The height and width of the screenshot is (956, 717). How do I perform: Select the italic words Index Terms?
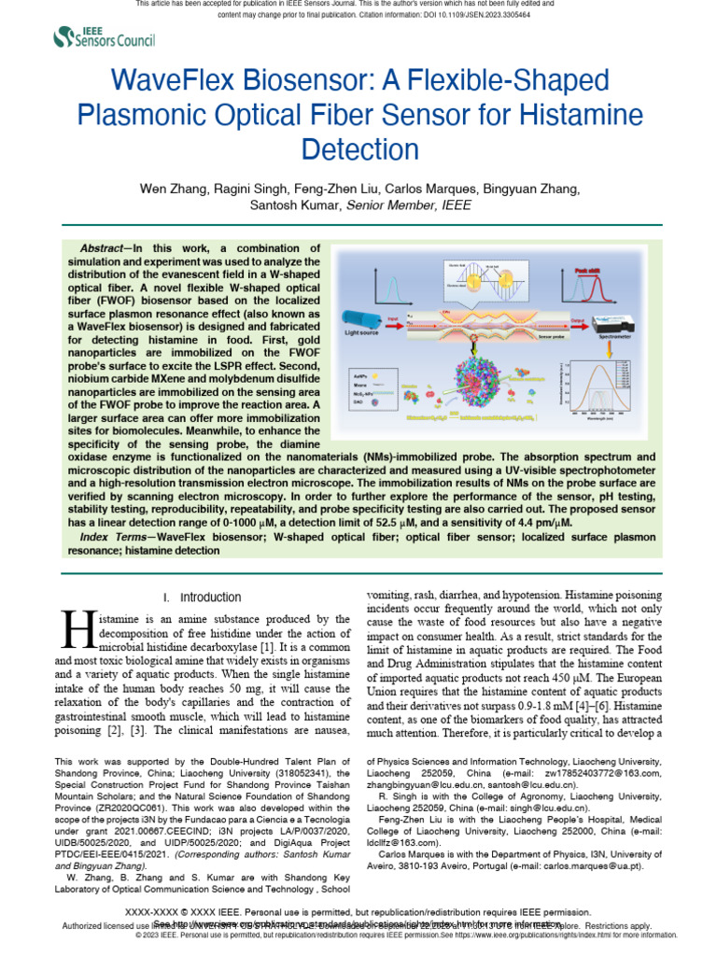(117, 537)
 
